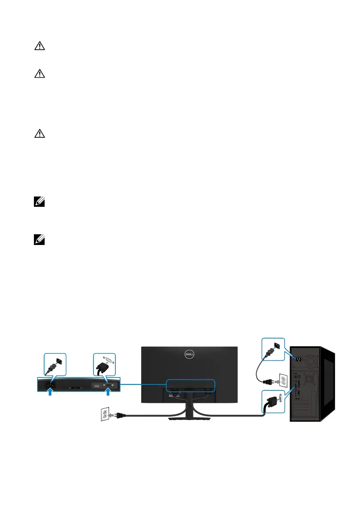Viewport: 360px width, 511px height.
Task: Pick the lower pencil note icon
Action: (x=37, y=242)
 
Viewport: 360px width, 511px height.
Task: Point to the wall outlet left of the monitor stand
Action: (x=105, y=415)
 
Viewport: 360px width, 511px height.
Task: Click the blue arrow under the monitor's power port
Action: (x=51, y=391)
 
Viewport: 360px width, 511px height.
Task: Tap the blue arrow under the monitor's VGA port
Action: (x=108, y=391)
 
